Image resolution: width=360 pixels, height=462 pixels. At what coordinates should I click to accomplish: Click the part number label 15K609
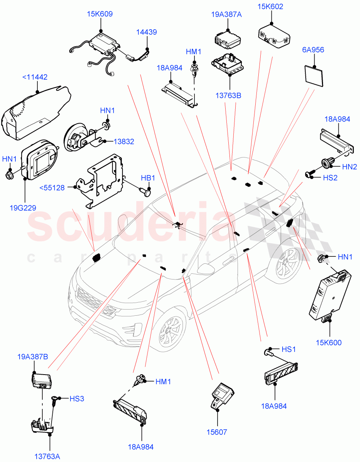click(100, 14)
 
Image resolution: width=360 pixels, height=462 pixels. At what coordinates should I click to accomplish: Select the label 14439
click(146, 32)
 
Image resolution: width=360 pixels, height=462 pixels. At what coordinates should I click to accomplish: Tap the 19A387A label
click(226, 15)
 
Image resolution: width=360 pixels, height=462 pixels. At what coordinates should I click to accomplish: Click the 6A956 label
click(313, 50)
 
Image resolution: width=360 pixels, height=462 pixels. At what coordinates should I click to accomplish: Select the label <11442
click(35, 77)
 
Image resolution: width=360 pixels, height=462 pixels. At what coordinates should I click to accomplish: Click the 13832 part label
click(124, 141)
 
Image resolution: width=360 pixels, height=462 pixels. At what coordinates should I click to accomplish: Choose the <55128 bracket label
click(52, 187)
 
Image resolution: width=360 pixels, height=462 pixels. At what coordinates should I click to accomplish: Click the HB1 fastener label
click(148, 178)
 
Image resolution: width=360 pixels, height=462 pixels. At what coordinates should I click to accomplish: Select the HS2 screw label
click(330, 177)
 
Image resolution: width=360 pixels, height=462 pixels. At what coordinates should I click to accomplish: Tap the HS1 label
click(289, 349)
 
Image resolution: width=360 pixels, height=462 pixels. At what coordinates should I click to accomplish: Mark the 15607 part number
click(216, 432)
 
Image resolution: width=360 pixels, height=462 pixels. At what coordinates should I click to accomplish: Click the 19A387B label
click(33, 357)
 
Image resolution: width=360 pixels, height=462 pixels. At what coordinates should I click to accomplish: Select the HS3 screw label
click(77, 398)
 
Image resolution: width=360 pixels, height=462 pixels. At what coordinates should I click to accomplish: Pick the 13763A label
click(47, 457)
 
